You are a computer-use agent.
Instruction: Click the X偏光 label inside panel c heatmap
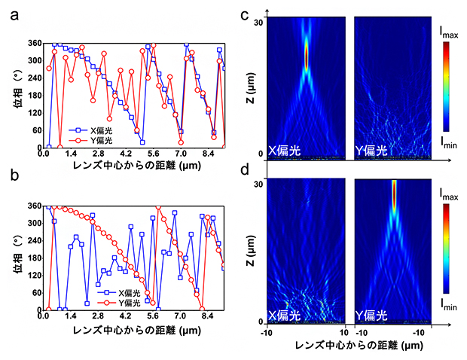(x=285, y=151)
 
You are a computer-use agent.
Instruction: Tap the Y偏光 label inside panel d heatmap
(x=371, y=314)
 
